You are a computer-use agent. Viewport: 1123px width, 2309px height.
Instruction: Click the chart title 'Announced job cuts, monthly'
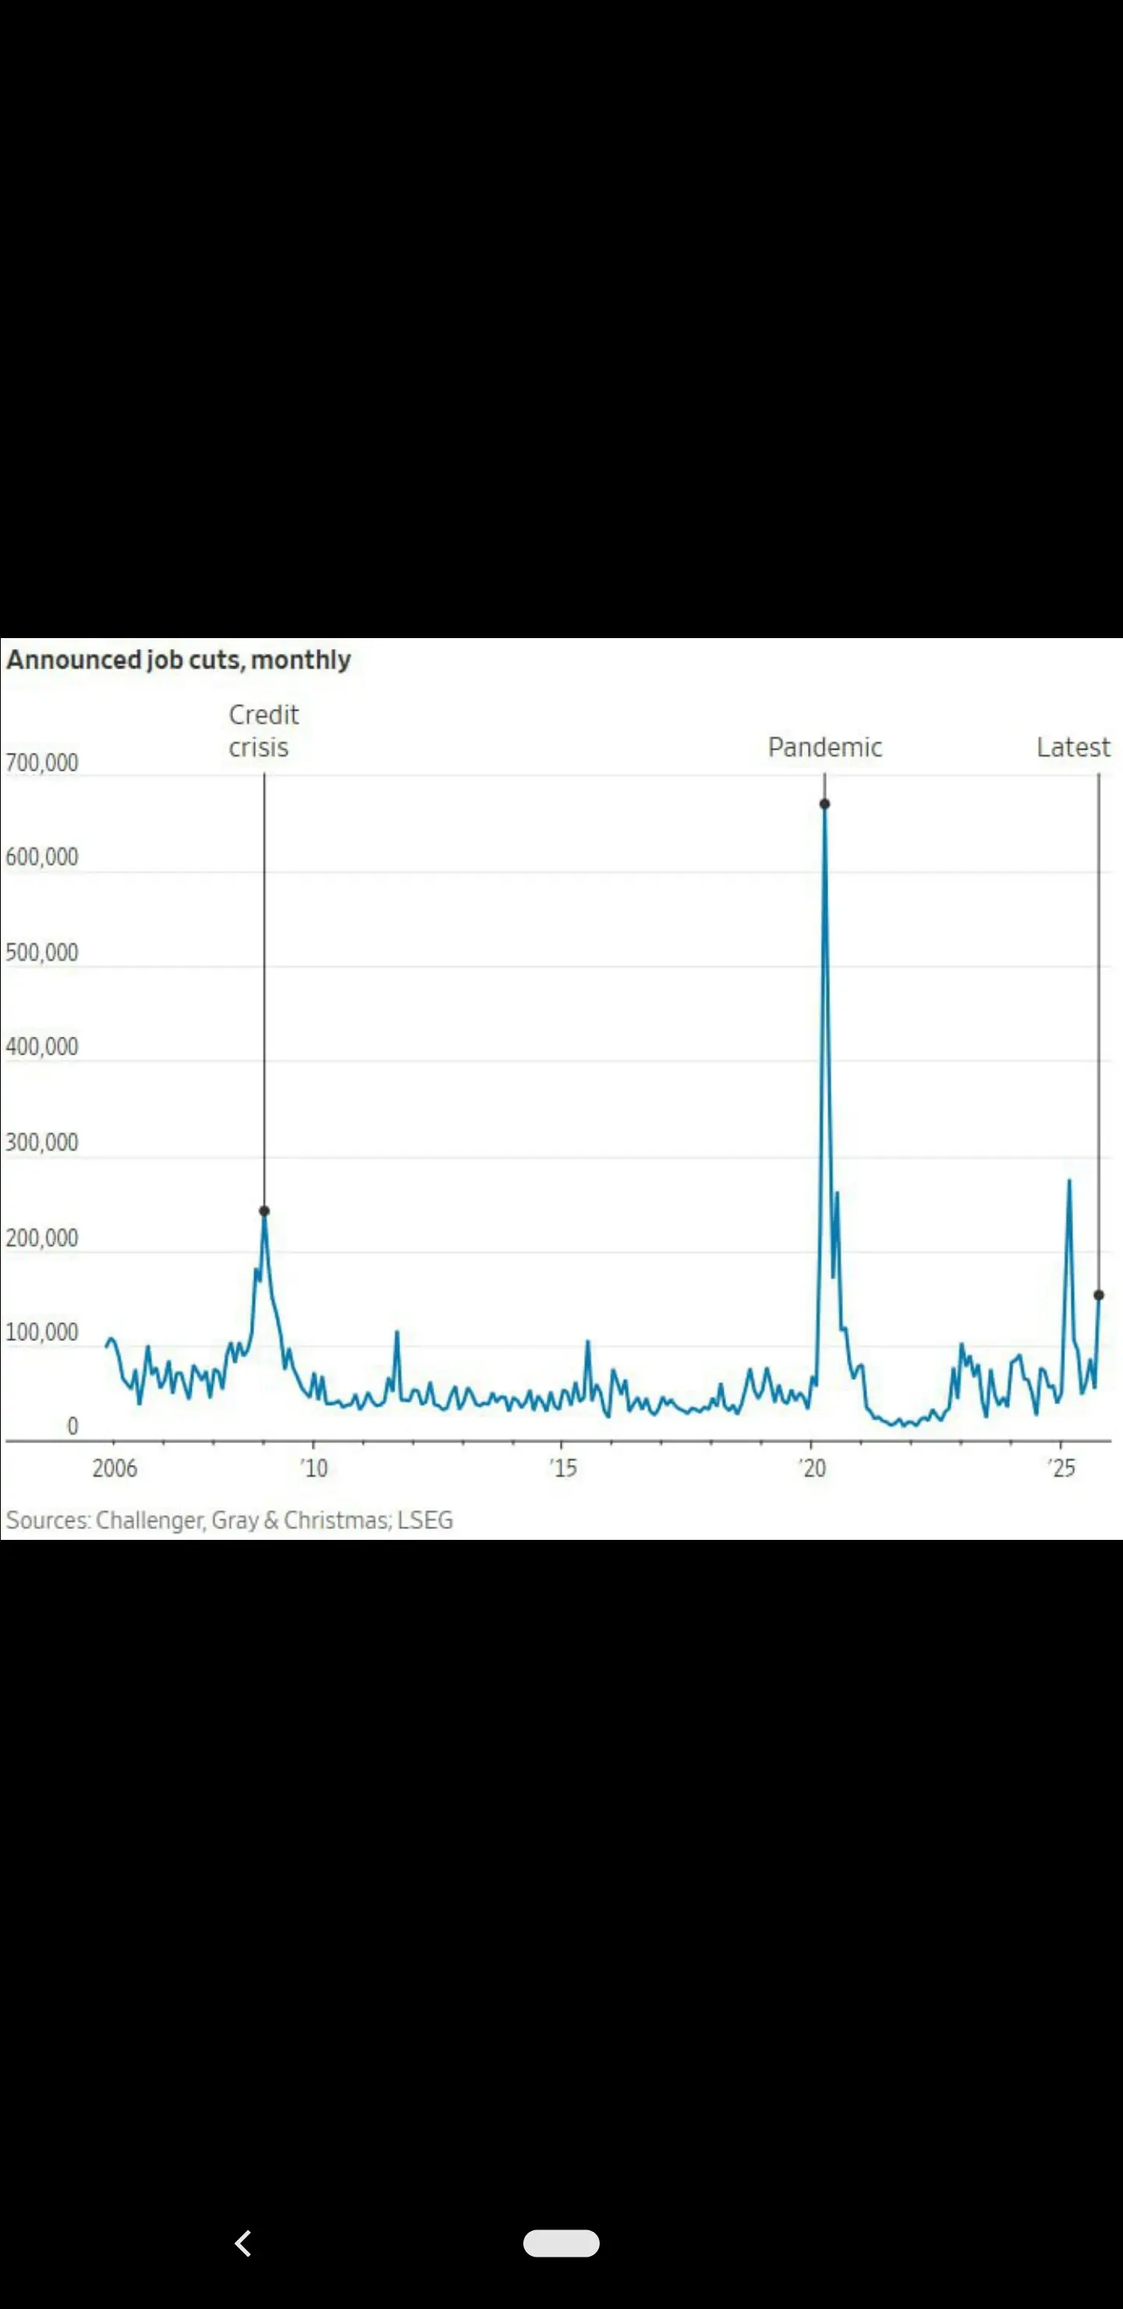tap(179, 660)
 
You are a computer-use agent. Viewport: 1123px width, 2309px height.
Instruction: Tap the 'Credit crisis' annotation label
tap(263, 730)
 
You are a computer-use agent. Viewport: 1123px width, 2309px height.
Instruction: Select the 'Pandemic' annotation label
tap(824, 747)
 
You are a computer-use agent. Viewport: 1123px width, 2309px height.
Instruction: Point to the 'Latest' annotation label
tap(1073, 747)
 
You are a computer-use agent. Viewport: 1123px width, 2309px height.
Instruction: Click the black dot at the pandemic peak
tap(824, 804)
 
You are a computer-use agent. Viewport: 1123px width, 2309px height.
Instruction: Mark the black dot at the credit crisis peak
tap(264, 1211)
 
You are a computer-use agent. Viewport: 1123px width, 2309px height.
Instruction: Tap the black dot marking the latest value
tap(1099, 1295)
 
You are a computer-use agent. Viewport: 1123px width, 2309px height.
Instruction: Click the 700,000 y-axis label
tap(42, 763)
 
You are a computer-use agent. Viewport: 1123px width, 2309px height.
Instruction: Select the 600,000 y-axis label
tap(42, 857)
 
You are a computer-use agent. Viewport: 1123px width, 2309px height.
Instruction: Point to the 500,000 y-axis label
tap(42, 952)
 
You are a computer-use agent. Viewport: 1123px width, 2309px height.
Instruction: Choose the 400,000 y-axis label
tap(42, 1046)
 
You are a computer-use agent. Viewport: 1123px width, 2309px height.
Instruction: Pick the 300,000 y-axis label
tap(42, 1142)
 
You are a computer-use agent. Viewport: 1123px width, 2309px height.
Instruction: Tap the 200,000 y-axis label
tap(42, 1238)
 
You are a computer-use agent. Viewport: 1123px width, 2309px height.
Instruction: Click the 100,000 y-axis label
tap(42, 1332)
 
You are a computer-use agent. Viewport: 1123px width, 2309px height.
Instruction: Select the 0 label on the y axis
tap(73, 1426)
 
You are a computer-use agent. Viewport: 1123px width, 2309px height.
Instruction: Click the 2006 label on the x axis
tap(115, 1468)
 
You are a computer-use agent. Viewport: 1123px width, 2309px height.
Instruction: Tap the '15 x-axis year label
tap(564, 1468)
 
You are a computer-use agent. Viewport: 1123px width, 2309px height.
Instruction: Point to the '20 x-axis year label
tap(813, 1468)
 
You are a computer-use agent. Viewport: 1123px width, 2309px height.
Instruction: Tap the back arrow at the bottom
tap(243, 2243)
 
